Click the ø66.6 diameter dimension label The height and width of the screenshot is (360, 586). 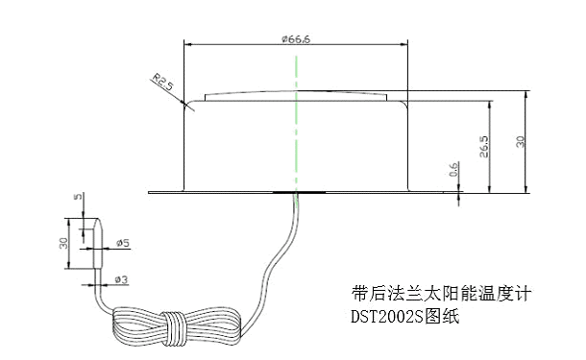click(x=296, y=38)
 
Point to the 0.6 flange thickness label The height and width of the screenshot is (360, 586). click(x=453, y=171)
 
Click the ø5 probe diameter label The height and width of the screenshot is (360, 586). click(x=123, y=244)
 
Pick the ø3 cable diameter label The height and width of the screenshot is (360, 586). click(x=123, y=279)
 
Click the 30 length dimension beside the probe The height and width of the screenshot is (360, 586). click(x=63, y=242)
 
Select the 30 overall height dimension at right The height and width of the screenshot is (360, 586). click(x=520, y=140)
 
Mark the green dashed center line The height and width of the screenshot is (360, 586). click(x=297, y=125)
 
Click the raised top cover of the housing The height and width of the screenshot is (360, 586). click(x=297, y=96)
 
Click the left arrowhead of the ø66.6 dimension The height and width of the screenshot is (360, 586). click(x=187, y=43)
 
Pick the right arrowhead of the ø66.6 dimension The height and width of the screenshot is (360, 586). click(x=407, y=43)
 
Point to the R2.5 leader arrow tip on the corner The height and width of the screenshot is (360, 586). click(x=183, y=103)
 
